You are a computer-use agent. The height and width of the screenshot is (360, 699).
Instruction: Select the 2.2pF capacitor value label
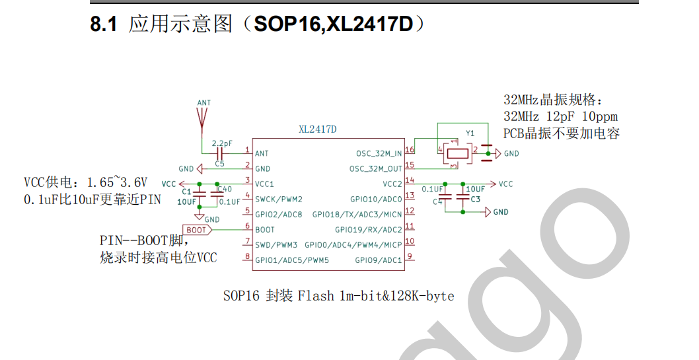(222, 143)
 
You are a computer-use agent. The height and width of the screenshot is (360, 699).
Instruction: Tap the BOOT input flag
(197, 230)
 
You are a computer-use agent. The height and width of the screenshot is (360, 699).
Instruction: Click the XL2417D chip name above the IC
(317, 129)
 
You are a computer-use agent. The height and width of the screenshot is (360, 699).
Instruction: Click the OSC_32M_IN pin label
(379, 153)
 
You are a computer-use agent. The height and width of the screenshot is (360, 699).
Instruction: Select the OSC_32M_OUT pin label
(375, 168)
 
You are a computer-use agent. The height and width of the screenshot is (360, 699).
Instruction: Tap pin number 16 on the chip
(410, 151)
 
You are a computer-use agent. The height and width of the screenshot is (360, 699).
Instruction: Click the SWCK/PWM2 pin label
(279, 199)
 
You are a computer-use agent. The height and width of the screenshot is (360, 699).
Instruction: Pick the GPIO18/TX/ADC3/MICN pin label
(357, 214)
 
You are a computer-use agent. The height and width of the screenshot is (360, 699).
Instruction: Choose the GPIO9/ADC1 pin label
(378, 260)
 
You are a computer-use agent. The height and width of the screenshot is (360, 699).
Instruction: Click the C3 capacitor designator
(475, 199)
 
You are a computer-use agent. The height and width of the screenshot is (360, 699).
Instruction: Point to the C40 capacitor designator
(225, 190)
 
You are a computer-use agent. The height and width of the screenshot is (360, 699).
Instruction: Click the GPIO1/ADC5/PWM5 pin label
(291, 260)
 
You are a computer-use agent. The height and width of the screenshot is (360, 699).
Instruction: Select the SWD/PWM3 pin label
(276, 244)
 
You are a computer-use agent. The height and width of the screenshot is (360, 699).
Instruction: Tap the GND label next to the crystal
(511, 153)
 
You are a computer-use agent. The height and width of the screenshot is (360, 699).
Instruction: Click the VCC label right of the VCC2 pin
(505, 184)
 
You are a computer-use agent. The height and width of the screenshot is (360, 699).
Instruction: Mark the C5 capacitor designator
(219, 163)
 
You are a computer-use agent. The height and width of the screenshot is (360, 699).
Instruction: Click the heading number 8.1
(104, 25)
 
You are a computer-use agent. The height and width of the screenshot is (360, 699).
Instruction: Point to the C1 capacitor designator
(186, 192)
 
